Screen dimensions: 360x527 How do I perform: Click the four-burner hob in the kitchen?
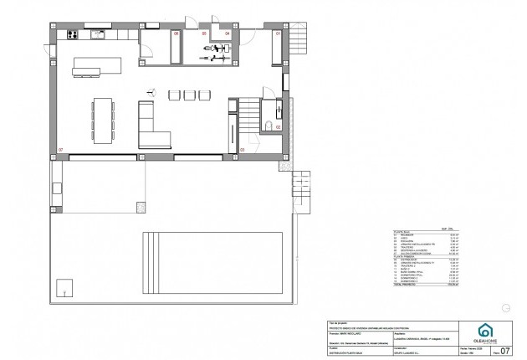tap(70, 35)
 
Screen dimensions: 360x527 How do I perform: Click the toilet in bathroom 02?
tap(268, 126)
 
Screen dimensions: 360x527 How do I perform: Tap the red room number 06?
tap(177, 33)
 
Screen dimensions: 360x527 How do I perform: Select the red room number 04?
tap(228, 33)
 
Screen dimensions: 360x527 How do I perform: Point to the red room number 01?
tap(279, 33)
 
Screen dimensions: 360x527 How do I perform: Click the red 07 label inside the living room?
tap(60, 150)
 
